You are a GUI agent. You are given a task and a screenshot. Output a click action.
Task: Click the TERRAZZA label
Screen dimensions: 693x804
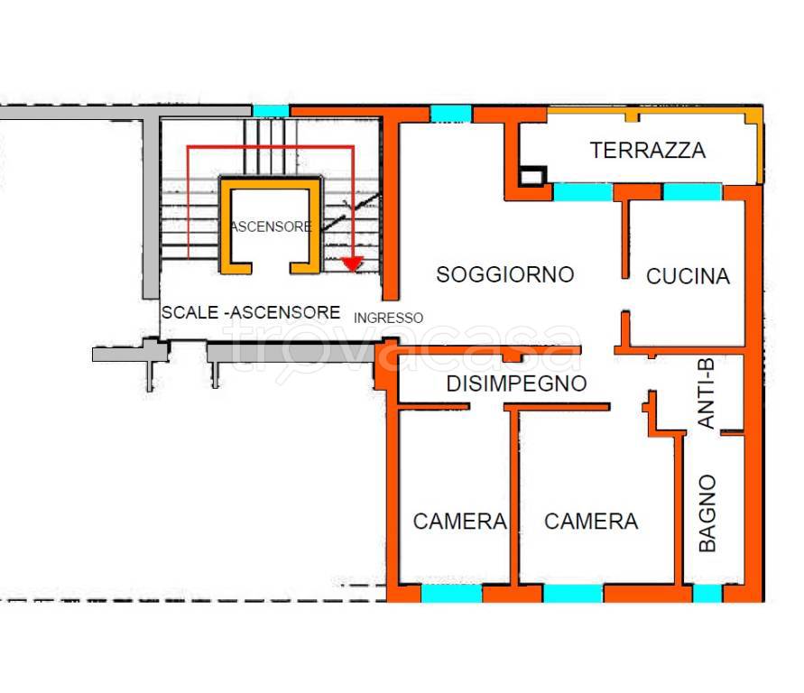pyautogui.click(x=647, y=151)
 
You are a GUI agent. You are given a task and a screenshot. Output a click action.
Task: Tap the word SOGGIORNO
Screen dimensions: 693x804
pyautogui.click(x=504, y=274)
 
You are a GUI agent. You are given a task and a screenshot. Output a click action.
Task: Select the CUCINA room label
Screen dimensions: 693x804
pyautogui.click(x=688, y=276)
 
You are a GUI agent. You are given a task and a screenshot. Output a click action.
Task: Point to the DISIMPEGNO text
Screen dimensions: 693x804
pyautogui.click(x=516, y=383)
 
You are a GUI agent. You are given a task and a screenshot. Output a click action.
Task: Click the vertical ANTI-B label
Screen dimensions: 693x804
pyautogui.click(x=707, y=393)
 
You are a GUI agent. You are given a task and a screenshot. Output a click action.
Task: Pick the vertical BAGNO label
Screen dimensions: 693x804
pyautogui.click(x=707, y=513)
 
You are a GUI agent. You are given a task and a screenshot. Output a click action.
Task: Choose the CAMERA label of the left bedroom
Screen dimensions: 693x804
pyautogui.click(x=459, y=522)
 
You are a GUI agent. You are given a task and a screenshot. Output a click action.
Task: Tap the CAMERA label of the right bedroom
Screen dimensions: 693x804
pyautogui.click(x=591, y=522)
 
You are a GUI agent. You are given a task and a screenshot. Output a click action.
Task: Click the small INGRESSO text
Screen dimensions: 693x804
pyautogui.click(x=388, y=318)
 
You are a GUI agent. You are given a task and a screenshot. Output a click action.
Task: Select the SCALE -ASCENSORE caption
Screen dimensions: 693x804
pyautogui.click(x=251, y=312)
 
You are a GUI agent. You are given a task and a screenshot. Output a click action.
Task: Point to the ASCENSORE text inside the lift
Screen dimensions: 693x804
pyautogui.click(x=271, y=226)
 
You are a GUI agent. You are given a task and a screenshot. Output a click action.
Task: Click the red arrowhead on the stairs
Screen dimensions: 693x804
pyautogui.click(x=352, y=263)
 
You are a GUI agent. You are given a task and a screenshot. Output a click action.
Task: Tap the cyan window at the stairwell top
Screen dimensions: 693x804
pyautogui.click(x=270, y=111)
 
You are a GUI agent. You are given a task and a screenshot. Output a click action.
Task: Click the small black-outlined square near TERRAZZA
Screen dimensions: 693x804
pyautogui.click(x=533, y=175)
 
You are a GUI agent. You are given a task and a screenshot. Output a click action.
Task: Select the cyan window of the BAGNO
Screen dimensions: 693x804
pyautogui.click(x=707, y=594)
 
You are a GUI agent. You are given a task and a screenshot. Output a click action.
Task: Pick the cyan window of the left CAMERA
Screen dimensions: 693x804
pyautogui.click(x=451, y=594)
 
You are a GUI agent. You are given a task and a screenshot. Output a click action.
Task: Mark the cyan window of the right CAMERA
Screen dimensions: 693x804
pyautogui.click(x=573, y=594)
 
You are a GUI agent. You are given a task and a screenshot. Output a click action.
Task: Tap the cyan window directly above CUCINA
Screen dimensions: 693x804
pyautogui.click(x=692, y=191)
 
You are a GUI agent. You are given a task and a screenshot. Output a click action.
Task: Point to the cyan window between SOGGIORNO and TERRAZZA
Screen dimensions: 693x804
pyautogui.click(x=582, y=191)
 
